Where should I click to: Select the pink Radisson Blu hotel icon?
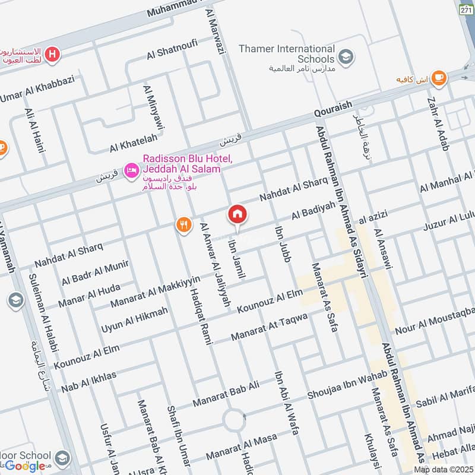[x=131, y=171]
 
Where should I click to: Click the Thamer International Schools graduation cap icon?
[x=344, y=57]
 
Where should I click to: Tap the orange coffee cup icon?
[x=439, y=77]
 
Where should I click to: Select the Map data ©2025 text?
[x=443, y=470]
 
